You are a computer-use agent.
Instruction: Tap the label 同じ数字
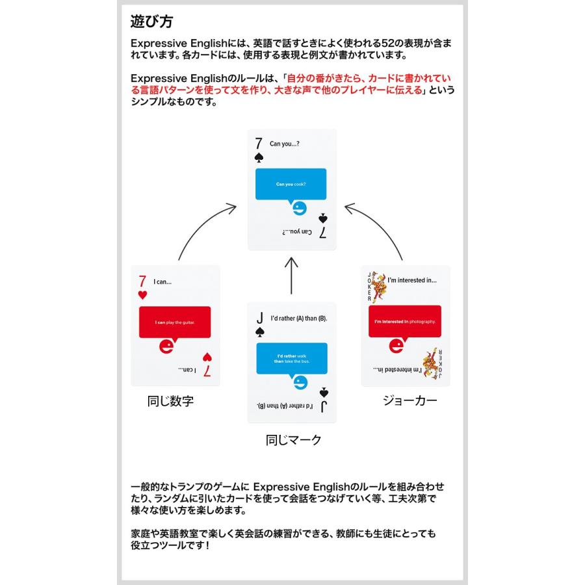[170, 401]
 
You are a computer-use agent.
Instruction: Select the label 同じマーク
[294, 440]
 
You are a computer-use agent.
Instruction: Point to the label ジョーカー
[409, 400]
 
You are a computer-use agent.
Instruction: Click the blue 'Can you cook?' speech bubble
[291, 185]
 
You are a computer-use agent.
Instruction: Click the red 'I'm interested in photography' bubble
[405, 322]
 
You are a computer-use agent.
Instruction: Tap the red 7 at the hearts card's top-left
[142, 282]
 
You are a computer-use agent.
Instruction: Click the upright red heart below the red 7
[142, 296]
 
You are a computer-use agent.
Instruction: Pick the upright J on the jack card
[259, 318]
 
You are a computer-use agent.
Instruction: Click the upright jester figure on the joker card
[378, 286]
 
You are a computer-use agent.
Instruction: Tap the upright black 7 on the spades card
[259, 143]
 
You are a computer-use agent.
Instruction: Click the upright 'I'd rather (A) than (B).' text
[300, 318]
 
